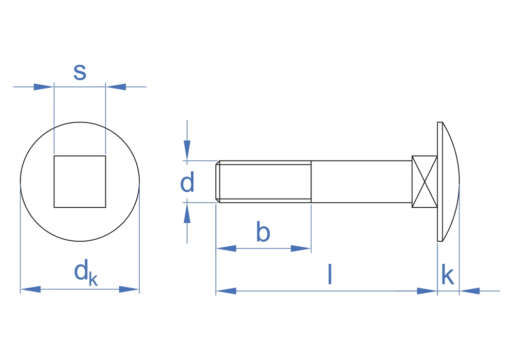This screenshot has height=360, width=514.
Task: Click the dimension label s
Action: (80, 72)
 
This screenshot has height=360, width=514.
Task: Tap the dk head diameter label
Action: (86, 273)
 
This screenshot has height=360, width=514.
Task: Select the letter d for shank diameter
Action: (187, 182)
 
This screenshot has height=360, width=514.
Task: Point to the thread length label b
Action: (263, 231)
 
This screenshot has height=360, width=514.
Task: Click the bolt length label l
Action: (330, 274)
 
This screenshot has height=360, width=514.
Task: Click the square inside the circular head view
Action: (80, 182)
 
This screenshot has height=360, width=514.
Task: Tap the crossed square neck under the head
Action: (425, 182)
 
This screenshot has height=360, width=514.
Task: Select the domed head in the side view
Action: (448, 182)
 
